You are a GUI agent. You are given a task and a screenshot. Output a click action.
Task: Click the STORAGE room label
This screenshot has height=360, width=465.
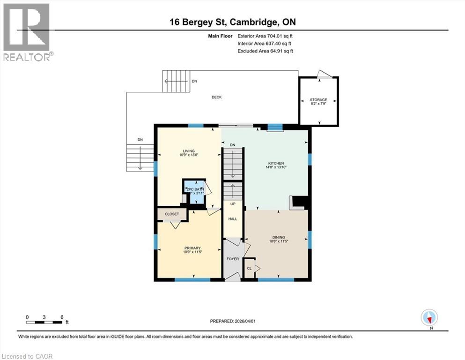(x=318, y=100)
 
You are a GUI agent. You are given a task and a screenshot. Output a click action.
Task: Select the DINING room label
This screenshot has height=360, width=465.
(x=277, y=237)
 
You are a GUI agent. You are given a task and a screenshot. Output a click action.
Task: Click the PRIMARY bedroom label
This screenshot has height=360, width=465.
(x=192, y=248)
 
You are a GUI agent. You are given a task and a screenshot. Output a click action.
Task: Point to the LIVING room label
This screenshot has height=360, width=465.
(x=188, y=151)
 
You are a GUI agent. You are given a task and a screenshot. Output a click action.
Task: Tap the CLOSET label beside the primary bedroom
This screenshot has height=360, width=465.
(x=171, y=214)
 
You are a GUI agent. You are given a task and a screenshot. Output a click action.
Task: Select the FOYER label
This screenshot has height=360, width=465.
(x=232, y=259)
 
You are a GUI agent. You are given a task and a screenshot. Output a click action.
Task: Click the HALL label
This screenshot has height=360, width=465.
(x=232, y=219)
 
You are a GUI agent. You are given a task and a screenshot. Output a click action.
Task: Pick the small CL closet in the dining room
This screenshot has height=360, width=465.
(x=250, y=269)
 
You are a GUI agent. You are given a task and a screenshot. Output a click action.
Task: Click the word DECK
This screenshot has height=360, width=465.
(x=216, y=97)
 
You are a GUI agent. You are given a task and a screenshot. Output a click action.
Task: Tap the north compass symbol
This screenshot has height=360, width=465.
(x=429, y=318)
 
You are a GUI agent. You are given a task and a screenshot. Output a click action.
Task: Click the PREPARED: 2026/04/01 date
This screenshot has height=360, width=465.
(x=232, y=321)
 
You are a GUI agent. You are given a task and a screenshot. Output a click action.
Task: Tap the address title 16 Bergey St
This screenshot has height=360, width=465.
(x=232, y=22)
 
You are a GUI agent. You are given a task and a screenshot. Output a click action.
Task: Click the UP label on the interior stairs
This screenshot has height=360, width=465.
(x=232, y=204)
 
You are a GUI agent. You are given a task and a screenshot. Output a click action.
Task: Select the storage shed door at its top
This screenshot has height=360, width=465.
(x=323, y=74)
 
